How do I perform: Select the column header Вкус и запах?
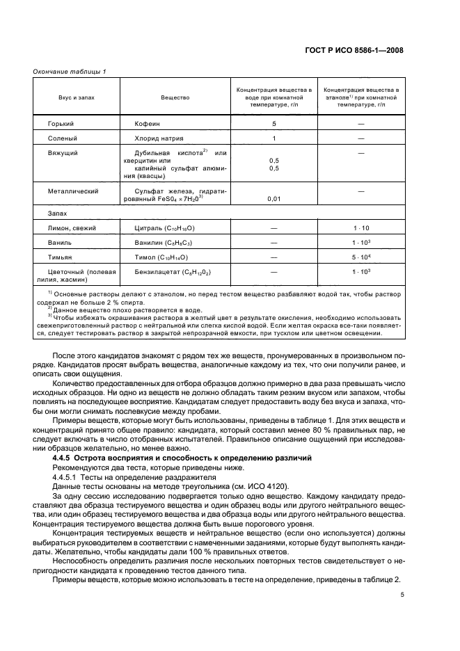coord(77,98)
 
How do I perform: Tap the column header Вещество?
coord(175,98)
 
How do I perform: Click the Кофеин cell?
coord(148,124)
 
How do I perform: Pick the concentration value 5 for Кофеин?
coord(274,124)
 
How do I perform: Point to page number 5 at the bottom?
coord(402,595)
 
